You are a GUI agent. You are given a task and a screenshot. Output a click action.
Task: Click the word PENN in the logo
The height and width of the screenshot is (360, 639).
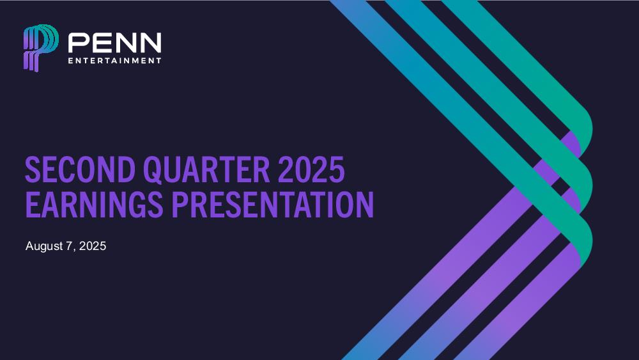point(114,43)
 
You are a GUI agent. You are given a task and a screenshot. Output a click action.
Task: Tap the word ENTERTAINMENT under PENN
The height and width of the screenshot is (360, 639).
point(114,61)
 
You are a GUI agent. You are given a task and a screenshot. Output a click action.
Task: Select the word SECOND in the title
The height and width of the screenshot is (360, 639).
point(81,169)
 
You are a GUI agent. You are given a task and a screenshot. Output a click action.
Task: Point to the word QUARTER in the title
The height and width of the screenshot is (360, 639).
point(206,169)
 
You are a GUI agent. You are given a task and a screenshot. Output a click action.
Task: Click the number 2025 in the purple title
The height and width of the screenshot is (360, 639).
point(311,169)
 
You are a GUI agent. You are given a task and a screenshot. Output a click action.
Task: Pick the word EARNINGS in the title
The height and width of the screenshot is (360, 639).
point(94,204)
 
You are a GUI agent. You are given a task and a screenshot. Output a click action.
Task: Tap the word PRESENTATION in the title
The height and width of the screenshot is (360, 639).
point(272,204)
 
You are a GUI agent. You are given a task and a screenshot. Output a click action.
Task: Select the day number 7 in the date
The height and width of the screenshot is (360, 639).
point(69,246)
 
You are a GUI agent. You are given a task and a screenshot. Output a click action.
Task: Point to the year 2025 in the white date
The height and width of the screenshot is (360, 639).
point(93,246)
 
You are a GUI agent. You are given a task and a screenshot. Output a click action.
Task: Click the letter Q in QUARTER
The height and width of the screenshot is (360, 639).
point(153,171)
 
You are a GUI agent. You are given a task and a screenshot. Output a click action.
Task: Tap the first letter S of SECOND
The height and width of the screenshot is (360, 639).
point(33,169)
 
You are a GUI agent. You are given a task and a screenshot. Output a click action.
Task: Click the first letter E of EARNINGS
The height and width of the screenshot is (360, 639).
point(33,204)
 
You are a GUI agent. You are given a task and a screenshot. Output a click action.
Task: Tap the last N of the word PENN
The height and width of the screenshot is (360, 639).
point(151,43)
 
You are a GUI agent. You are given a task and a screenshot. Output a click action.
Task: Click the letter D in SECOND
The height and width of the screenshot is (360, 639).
point(127,169)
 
